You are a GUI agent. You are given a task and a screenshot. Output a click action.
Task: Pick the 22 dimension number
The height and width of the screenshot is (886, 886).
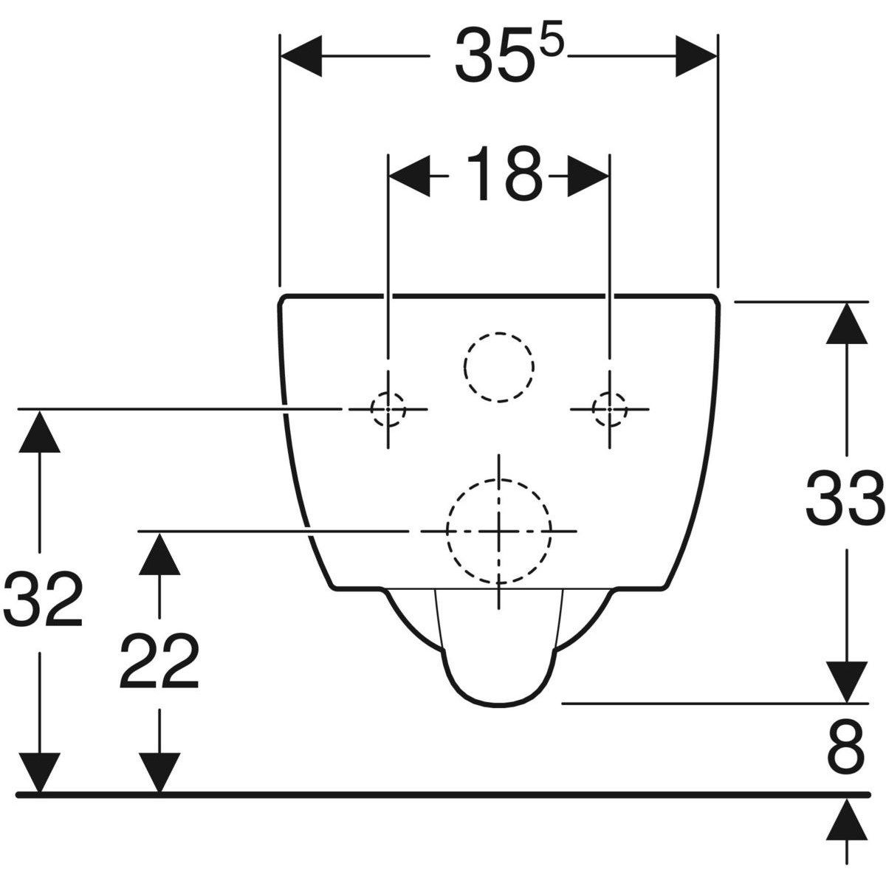tap(159, 661)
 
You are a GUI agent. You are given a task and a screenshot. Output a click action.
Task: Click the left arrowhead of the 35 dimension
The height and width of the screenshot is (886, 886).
tap(301, 56)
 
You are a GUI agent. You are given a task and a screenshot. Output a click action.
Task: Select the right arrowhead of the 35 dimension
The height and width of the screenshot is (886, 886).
tap(696, 56)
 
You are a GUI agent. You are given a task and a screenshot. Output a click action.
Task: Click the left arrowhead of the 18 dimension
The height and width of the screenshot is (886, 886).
tap(410, 176)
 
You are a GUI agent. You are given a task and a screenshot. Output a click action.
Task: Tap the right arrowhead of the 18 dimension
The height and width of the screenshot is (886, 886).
tap(588, 176)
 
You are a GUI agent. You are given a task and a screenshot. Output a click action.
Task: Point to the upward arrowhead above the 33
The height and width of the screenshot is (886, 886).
tap(846, 323)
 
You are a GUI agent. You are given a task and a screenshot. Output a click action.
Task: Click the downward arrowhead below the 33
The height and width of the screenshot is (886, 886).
tap(846, 682)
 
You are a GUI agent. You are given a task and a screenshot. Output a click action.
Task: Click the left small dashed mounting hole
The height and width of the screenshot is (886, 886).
tap(388, 409)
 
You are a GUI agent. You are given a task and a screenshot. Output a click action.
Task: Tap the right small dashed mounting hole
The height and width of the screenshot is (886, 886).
tap(610, 409)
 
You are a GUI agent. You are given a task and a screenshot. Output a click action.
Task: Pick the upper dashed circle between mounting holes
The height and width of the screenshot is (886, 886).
tap(499, 332)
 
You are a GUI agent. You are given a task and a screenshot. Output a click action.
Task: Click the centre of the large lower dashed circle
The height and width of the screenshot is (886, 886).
tap(499, 531)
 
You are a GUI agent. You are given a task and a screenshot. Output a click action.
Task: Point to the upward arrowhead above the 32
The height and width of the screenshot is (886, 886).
tap(40, 431)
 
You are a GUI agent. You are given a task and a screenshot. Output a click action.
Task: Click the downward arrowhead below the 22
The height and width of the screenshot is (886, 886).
tap(159, 773)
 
